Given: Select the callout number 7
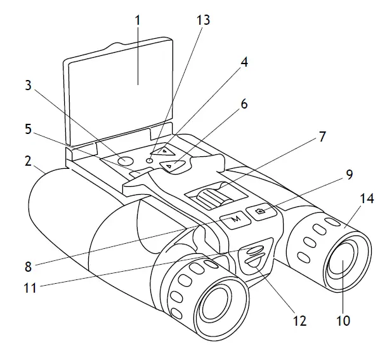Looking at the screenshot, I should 323,137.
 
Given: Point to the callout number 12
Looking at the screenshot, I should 299,321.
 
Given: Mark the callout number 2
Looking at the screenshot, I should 28,161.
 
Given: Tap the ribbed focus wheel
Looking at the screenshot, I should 209,194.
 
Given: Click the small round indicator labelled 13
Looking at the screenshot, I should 149,161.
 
